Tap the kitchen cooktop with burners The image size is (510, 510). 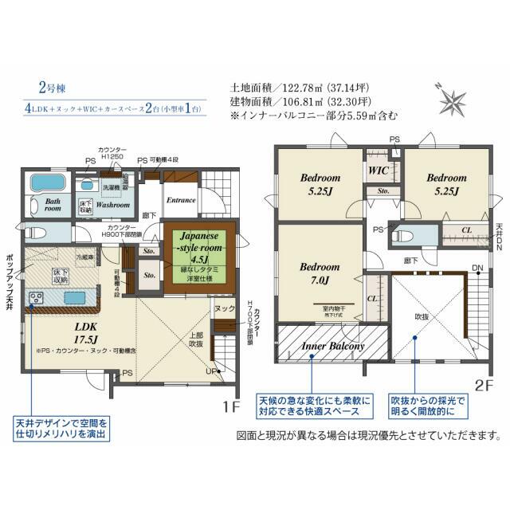[x=37, y=300]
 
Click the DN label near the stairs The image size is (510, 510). [x=477, y=267]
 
